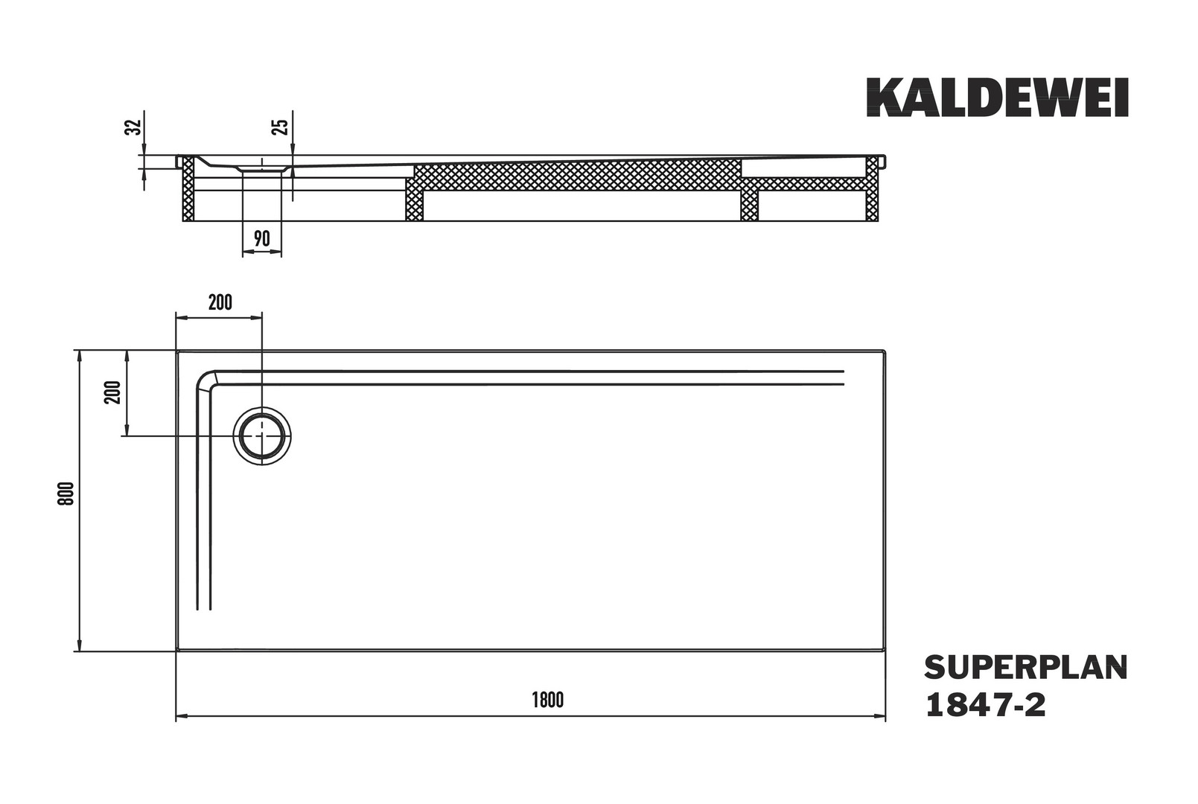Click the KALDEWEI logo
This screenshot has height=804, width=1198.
[x=998, y=98]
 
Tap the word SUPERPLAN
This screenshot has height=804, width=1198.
[x=1026, y=669]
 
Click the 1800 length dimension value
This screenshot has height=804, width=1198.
[x=548, y=701]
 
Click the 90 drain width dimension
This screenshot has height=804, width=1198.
[x=261, y=238]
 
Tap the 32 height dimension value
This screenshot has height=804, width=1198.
[x=133, y=127]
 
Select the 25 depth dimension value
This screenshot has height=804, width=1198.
[x=281, y=127]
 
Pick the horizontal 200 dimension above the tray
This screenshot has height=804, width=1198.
[x=220, y=303]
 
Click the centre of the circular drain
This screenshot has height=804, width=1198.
[x=262, y=436]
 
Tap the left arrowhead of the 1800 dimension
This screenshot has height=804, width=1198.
[x=183, y=715]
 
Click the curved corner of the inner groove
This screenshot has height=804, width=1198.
[x=206, y=380]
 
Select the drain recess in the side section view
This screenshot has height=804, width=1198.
[x=262, y=168]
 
